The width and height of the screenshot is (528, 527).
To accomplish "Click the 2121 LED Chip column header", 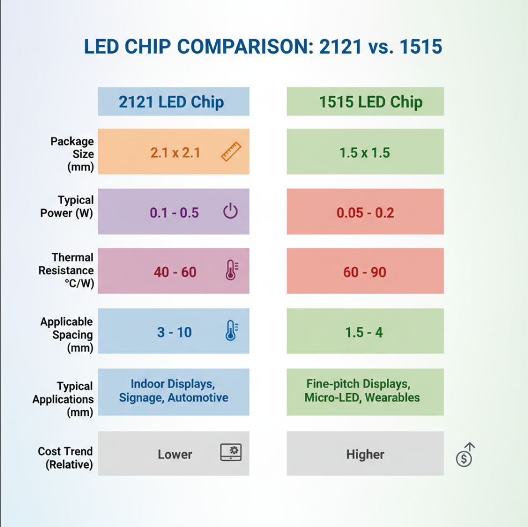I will coord(172,102).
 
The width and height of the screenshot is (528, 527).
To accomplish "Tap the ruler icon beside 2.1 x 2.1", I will coord(231,152).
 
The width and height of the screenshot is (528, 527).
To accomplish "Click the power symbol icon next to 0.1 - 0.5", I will coord(230,211).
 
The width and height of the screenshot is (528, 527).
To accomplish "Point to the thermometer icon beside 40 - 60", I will coord(231,270).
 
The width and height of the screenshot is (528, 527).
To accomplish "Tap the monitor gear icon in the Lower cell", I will coord(231,452).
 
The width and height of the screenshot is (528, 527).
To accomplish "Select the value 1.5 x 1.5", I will coord(365,153).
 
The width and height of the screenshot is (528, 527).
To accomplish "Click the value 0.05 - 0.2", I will coord(365,213).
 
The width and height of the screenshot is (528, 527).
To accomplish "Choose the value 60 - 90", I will coord(364,272).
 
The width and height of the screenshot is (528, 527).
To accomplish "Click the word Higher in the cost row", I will coord(365,455).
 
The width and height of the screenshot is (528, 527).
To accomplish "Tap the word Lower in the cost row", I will coord(175,455).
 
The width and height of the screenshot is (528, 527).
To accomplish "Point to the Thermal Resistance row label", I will coord(68,270).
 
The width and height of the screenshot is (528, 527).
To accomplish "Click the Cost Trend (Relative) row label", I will coord(66,458).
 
